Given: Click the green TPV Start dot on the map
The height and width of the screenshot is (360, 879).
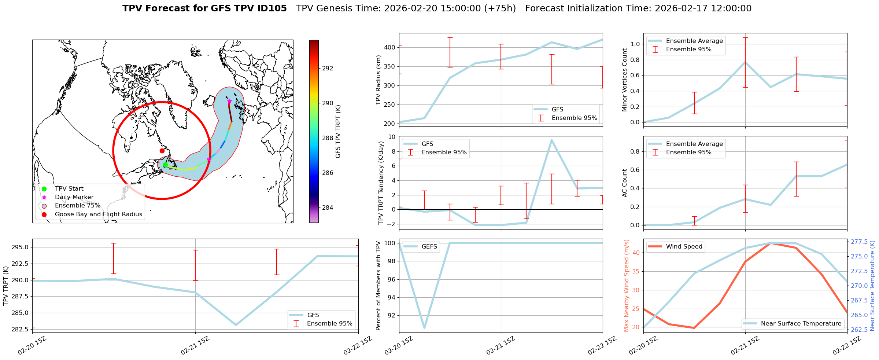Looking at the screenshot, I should point(165,165).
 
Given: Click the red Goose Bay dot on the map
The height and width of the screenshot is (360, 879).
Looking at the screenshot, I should point(162,151).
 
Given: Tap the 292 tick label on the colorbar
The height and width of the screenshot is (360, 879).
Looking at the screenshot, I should point(328,68).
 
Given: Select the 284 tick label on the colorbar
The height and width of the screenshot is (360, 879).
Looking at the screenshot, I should point(328,207).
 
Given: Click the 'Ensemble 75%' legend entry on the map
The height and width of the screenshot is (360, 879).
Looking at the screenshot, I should point(77,206).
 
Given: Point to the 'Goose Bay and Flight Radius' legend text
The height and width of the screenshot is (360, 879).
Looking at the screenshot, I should point(98,214).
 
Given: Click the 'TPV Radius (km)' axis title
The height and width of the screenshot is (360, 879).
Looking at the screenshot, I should point(378,80).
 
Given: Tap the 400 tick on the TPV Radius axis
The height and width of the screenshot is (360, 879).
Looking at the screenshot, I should point(390,47).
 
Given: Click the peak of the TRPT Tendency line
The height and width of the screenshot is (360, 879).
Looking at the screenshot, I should point(551,140).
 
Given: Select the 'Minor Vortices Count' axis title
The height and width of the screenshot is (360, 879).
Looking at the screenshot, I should point(625,80).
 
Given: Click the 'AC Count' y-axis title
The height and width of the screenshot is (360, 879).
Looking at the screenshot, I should point(625,183).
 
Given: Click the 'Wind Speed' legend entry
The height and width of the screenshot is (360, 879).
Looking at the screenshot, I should point(684,247).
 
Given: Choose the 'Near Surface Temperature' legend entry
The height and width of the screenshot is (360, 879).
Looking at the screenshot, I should point(801,324).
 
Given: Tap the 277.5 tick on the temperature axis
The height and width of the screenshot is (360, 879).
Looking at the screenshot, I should point(859,242).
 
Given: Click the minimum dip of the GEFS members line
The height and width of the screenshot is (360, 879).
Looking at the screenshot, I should point(424,328).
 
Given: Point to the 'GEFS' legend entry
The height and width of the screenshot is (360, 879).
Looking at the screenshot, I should point(429,247).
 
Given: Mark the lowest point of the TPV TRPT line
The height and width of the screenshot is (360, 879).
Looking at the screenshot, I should point(236,325).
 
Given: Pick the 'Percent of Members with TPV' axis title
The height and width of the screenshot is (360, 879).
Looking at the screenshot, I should point(378,286).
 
